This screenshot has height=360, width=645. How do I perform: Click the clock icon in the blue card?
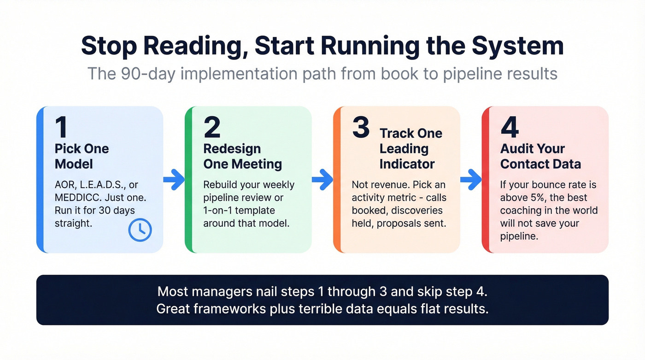click(140, 230)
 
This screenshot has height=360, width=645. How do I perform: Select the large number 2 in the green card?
click(212, 127)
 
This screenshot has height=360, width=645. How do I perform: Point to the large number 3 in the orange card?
click(361, 127)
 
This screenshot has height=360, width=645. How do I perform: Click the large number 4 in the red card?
click(510, 127)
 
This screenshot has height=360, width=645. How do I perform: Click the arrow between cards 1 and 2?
click(174, 180)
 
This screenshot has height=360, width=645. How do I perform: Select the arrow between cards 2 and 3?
click(322, 180)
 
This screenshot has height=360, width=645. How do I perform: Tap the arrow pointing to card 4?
click(471, 180)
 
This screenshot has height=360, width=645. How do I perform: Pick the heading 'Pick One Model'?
click(82, 156)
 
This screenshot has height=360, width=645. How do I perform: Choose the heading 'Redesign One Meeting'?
click(242, 156)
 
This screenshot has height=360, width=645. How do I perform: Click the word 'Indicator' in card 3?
click(407, 164)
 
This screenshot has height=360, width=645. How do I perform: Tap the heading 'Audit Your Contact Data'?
click(540, 156)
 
